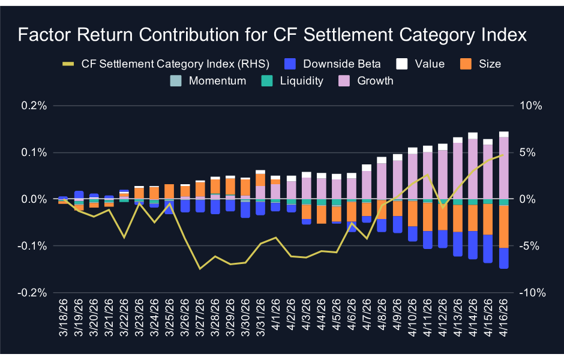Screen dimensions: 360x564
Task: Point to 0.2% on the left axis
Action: click(x=35, y=106)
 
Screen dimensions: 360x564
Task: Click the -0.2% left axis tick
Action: click(x=33, y=293)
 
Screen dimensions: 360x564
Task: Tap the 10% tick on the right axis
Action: click(x=530, y=106)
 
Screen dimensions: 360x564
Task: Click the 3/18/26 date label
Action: click(x=64, y=318)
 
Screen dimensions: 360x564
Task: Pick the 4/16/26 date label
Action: click(x=504, y=318)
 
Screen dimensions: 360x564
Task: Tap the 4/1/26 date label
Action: click(x=276, y=318)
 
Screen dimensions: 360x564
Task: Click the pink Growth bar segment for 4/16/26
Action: click(x=504, y=168)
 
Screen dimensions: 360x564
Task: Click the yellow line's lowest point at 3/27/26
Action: click(x=200, y=268)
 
